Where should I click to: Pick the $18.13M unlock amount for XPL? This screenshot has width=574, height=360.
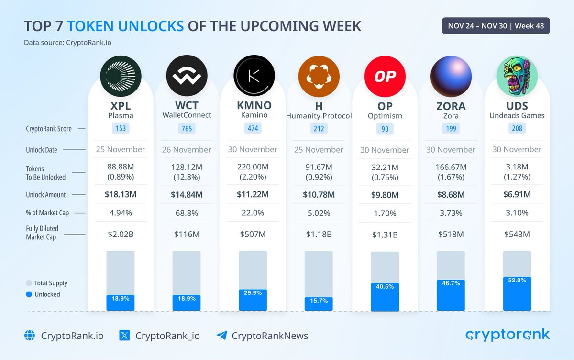click(121, 194)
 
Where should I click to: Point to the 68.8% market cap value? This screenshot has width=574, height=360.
click(187, 213)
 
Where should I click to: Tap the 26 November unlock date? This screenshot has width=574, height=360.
click(187, 149)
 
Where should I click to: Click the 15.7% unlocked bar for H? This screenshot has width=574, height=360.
click(319, 304)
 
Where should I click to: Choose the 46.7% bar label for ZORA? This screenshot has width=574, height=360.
click(451, 283)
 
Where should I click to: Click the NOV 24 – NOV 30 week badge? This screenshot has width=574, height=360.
click(496, 26)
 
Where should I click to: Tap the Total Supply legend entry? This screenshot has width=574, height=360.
click(46, 283)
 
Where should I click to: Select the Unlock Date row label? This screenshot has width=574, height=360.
click(42, 150)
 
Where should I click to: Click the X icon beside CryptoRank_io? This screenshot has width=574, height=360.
click(124, 336)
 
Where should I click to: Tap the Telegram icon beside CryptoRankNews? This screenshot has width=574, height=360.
click(221, 336)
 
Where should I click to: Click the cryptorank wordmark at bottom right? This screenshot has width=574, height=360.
click(508, 335)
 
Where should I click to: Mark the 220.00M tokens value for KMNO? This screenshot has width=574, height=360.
click(253, 167)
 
